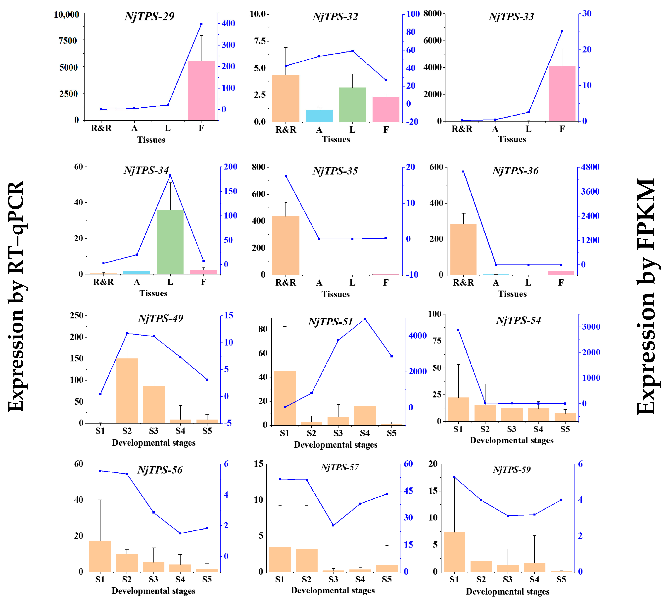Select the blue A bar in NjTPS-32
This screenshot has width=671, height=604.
pos(319,116)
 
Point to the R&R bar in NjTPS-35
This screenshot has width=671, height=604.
pos(286,245)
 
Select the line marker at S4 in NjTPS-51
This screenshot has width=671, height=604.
pos(365,319)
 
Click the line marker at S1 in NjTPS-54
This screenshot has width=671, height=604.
pos(458,330)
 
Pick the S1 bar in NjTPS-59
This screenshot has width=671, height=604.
pos(454,552)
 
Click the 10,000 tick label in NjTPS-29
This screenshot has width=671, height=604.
pos(66,15)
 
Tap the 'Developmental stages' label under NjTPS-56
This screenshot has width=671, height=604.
pos(153,591)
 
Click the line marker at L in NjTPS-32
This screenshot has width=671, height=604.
pos(352,51)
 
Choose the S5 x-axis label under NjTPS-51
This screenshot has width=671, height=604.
pos(391,433)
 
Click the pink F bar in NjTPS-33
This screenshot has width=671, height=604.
pos(562,94)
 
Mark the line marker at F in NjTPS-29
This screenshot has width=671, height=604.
pos(201,24)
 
